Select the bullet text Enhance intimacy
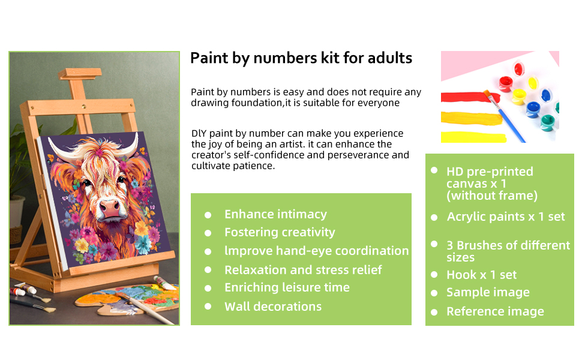pos(275,215)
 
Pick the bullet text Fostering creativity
pos(280,233)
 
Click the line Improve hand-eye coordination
pos(316,251)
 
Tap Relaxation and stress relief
pos(303,270)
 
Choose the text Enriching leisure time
pos(287,287)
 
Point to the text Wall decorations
pos(273,307)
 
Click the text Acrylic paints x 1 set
pos(506,217)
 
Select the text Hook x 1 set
pos(481,275)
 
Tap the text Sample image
pos(488,293)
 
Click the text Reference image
pos(495,312)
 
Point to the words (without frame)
pos(492,196)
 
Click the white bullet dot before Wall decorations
pos(208,307)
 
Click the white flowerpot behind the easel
pos(17,212)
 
